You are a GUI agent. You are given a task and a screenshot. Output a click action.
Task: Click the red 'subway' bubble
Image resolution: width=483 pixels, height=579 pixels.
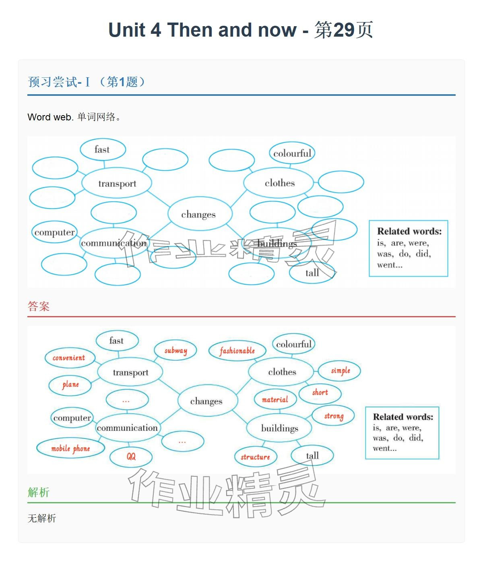(175, 351)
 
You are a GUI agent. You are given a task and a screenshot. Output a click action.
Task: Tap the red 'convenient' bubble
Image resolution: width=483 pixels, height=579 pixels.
(69, 358)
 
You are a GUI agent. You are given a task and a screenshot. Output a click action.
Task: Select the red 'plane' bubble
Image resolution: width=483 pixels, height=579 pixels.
(70, 385)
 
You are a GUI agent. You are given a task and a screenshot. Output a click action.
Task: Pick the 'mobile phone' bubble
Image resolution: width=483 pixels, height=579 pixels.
(70, 449)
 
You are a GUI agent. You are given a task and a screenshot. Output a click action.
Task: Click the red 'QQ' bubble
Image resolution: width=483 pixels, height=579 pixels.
(131, 457)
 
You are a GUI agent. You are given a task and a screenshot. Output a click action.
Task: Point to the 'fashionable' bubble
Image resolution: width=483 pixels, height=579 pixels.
(237, 351)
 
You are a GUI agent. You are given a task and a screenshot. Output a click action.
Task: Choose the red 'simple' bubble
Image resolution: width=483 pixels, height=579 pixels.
(340, 370)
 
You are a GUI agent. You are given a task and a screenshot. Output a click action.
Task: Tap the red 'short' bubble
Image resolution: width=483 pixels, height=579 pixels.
(320, 393)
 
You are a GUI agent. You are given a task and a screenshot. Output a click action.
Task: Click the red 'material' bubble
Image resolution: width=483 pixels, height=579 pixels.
(275, 400)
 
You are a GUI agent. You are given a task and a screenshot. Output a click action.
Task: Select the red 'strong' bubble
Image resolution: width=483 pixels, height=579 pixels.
(334, 416)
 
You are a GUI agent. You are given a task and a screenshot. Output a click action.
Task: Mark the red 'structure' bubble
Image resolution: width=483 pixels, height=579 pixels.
(255, 457)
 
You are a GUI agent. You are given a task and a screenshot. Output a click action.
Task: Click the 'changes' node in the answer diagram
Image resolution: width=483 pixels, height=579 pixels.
(206, 401)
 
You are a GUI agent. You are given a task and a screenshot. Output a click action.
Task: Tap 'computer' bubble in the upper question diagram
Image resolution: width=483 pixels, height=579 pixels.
(55, 232)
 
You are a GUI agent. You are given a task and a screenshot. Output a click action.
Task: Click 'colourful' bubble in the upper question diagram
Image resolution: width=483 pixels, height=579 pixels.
(292, 153)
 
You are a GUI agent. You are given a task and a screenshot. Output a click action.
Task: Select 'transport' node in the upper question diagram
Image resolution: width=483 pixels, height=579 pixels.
(117, 184)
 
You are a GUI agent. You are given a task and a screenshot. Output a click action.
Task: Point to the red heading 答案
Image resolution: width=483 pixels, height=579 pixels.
(39, 306)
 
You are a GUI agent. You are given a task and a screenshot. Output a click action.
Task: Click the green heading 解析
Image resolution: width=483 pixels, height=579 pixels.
(39, 492)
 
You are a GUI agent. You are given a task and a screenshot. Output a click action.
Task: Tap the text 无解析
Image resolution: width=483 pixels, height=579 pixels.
(42, 518)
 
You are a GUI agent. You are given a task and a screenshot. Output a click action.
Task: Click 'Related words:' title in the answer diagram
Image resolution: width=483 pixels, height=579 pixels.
(403, 417)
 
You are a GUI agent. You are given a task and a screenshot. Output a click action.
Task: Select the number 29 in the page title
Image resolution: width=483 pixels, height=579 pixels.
(344, 30)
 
